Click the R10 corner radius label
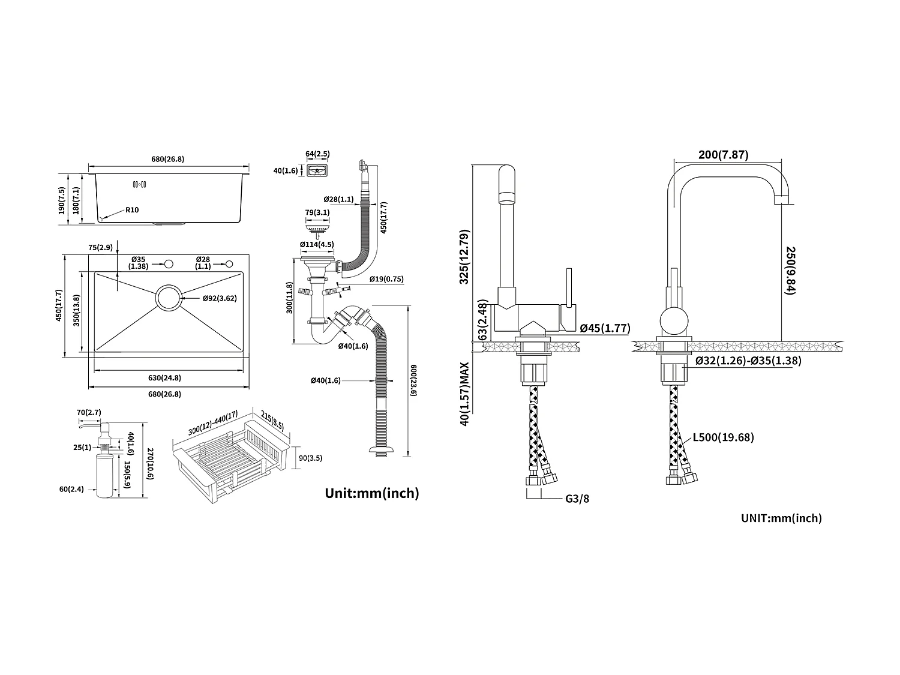[132, 210]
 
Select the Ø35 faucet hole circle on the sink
[169, 263]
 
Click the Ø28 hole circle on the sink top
[229, 263]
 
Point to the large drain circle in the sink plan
[169, 298]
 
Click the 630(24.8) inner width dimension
[165, 378]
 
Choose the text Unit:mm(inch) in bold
[372, 493]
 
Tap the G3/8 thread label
[577, 499]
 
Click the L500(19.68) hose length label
[723, 437]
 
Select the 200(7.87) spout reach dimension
[723, 155]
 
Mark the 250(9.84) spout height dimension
[790, 270]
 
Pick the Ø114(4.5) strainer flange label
[317, 245]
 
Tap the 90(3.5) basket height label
[311, 458]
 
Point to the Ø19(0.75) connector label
[386, 279]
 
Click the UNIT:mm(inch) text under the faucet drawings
[781, 518]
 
